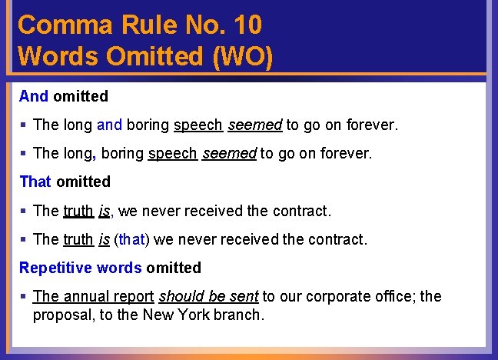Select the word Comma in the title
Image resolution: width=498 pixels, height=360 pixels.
[64, 25]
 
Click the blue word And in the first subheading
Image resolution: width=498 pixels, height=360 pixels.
[34, 96]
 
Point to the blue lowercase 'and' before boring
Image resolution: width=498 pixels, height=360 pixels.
[110, 125]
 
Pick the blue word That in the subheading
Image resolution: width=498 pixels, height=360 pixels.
[35, 182]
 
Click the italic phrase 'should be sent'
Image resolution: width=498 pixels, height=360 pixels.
[208, 296]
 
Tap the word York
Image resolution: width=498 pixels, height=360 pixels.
[205, 315]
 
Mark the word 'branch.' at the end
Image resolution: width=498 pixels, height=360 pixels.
[244, 315]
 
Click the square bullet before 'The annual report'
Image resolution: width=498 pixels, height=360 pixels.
[25, 297]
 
